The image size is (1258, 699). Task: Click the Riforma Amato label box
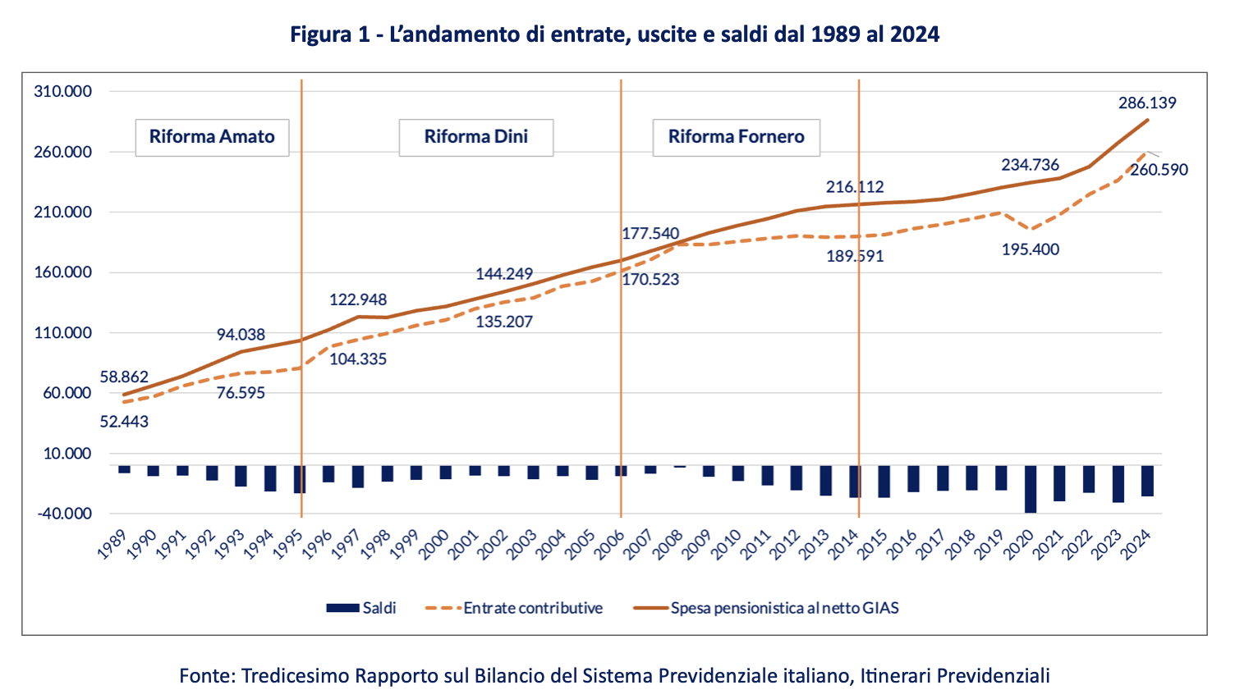[x=212, y=137]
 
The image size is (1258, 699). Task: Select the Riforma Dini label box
[x=475, y=137]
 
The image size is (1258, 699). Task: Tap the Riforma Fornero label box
[x=736, y=137]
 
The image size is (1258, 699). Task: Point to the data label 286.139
[x=1147, y=103]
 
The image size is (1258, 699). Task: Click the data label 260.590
[x=1159, y=170]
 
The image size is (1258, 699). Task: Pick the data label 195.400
[x=1031, y=249]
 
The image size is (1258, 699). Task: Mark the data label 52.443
[x=124, y=422]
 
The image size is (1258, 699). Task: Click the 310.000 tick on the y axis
[x=62, y=92]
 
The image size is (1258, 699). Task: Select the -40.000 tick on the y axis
[x=62, y=514]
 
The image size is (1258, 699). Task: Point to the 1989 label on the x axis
[x=111, y=543]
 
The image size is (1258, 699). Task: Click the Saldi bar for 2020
[x=1031, y=489]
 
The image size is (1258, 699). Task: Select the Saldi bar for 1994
[x=270, y=478]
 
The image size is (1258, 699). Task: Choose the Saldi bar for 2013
[x=825, y=481]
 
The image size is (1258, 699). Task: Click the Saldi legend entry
[x=361, y=608]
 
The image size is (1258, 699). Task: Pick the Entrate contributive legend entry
[x=514, y=608]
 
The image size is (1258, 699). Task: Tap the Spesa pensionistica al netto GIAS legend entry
[x=766, y=608]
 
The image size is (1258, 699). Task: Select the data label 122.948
[x=358, y=300]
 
